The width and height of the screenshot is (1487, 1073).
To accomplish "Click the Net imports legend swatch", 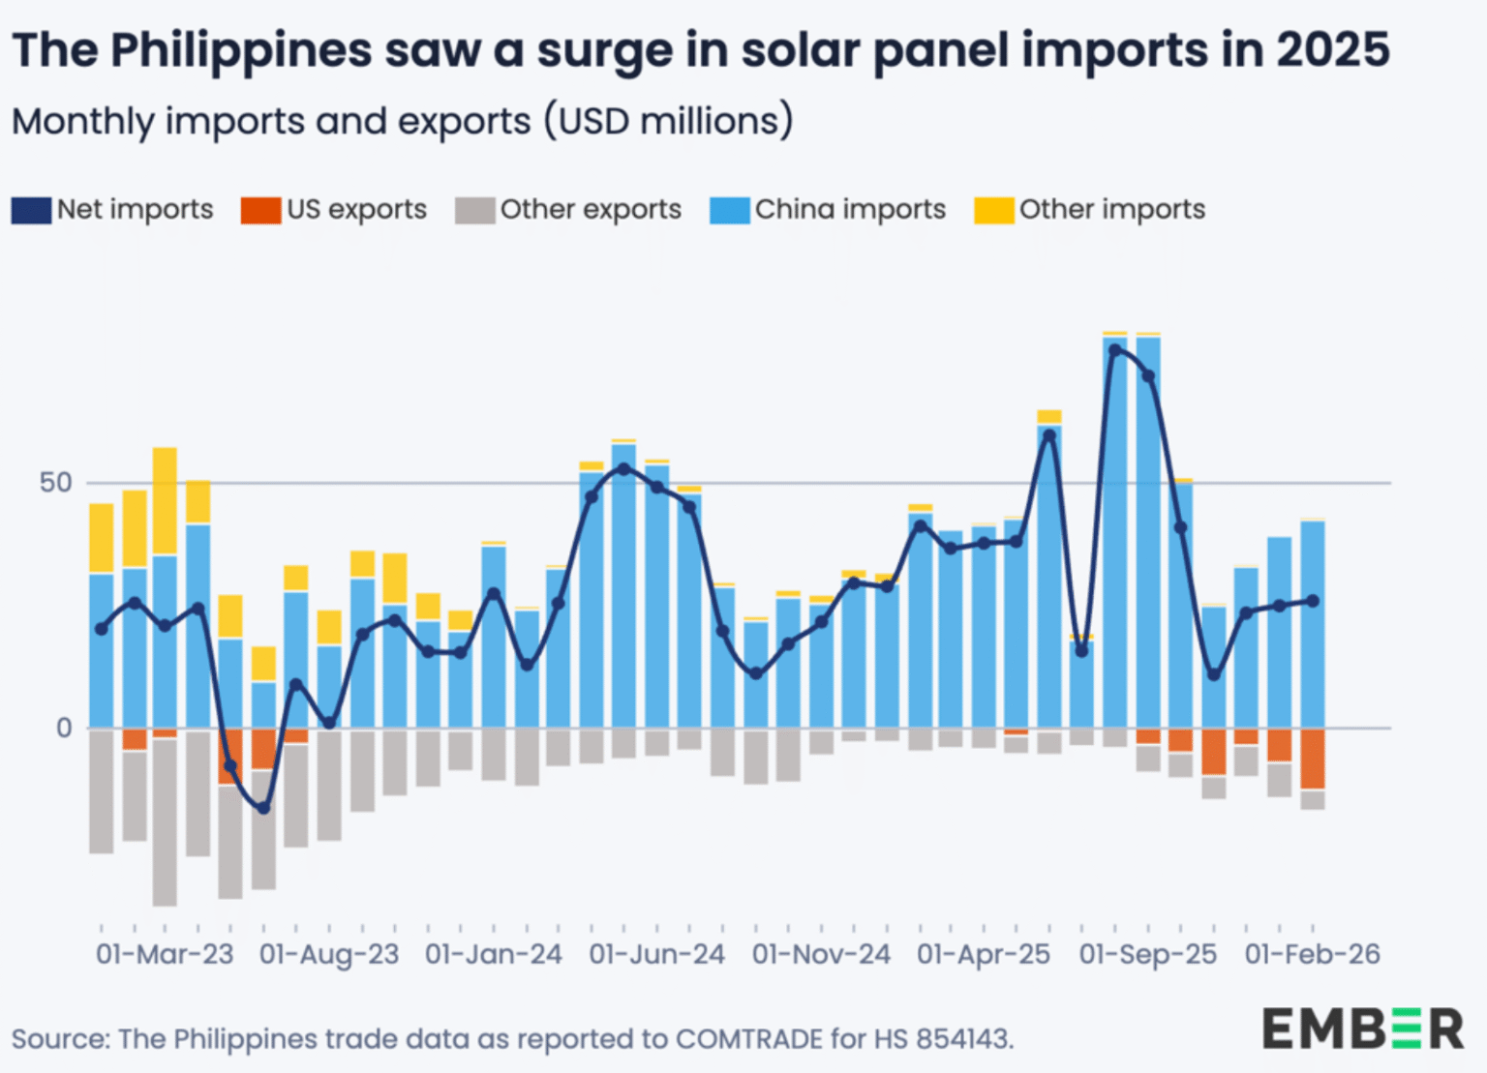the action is point(31,210).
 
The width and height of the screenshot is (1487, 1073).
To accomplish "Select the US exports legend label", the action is point(356,210).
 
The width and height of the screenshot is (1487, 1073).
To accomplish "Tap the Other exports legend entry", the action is point(568,210).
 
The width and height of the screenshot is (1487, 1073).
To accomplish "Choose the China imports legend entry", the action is point(827,210).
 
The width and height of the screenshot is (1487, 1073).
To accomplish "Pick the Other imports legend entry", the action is point(1089,210).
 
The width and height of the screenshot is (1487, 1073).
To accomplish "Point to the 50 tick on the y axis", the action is point(56,483).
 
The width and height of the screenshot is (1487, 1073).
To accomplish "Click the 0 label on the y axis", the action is point(64,729).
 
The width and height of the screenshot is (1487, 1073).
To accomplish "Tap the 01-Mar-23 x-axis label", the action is point(165,955).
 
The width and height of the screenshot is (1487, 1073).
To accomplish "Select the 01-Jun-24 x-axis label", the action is point(656,955).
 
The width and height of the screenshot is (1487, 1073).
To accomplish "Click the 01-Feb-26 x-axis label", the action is point(1313,955).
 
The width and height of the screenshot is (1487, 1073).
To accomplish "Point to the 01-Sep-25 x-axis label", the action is point(1148,955).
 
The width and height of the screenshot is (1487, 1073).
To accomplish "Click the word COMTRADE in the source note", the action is point(749,1039).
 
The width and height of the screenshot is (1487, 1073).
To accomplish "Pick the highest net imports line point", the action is point(1115,349).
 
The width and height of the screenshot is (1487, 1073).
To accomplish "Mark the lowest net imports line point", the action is point(263,808).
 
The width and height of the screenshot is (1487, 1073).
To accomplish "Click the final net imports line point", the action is point(1313,601).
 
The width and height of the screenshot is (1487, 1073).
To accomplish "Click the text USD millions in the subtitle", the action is point(669,122).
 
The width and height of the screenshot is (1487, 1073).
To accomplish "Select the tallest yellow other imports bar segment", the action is point(165,501).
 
